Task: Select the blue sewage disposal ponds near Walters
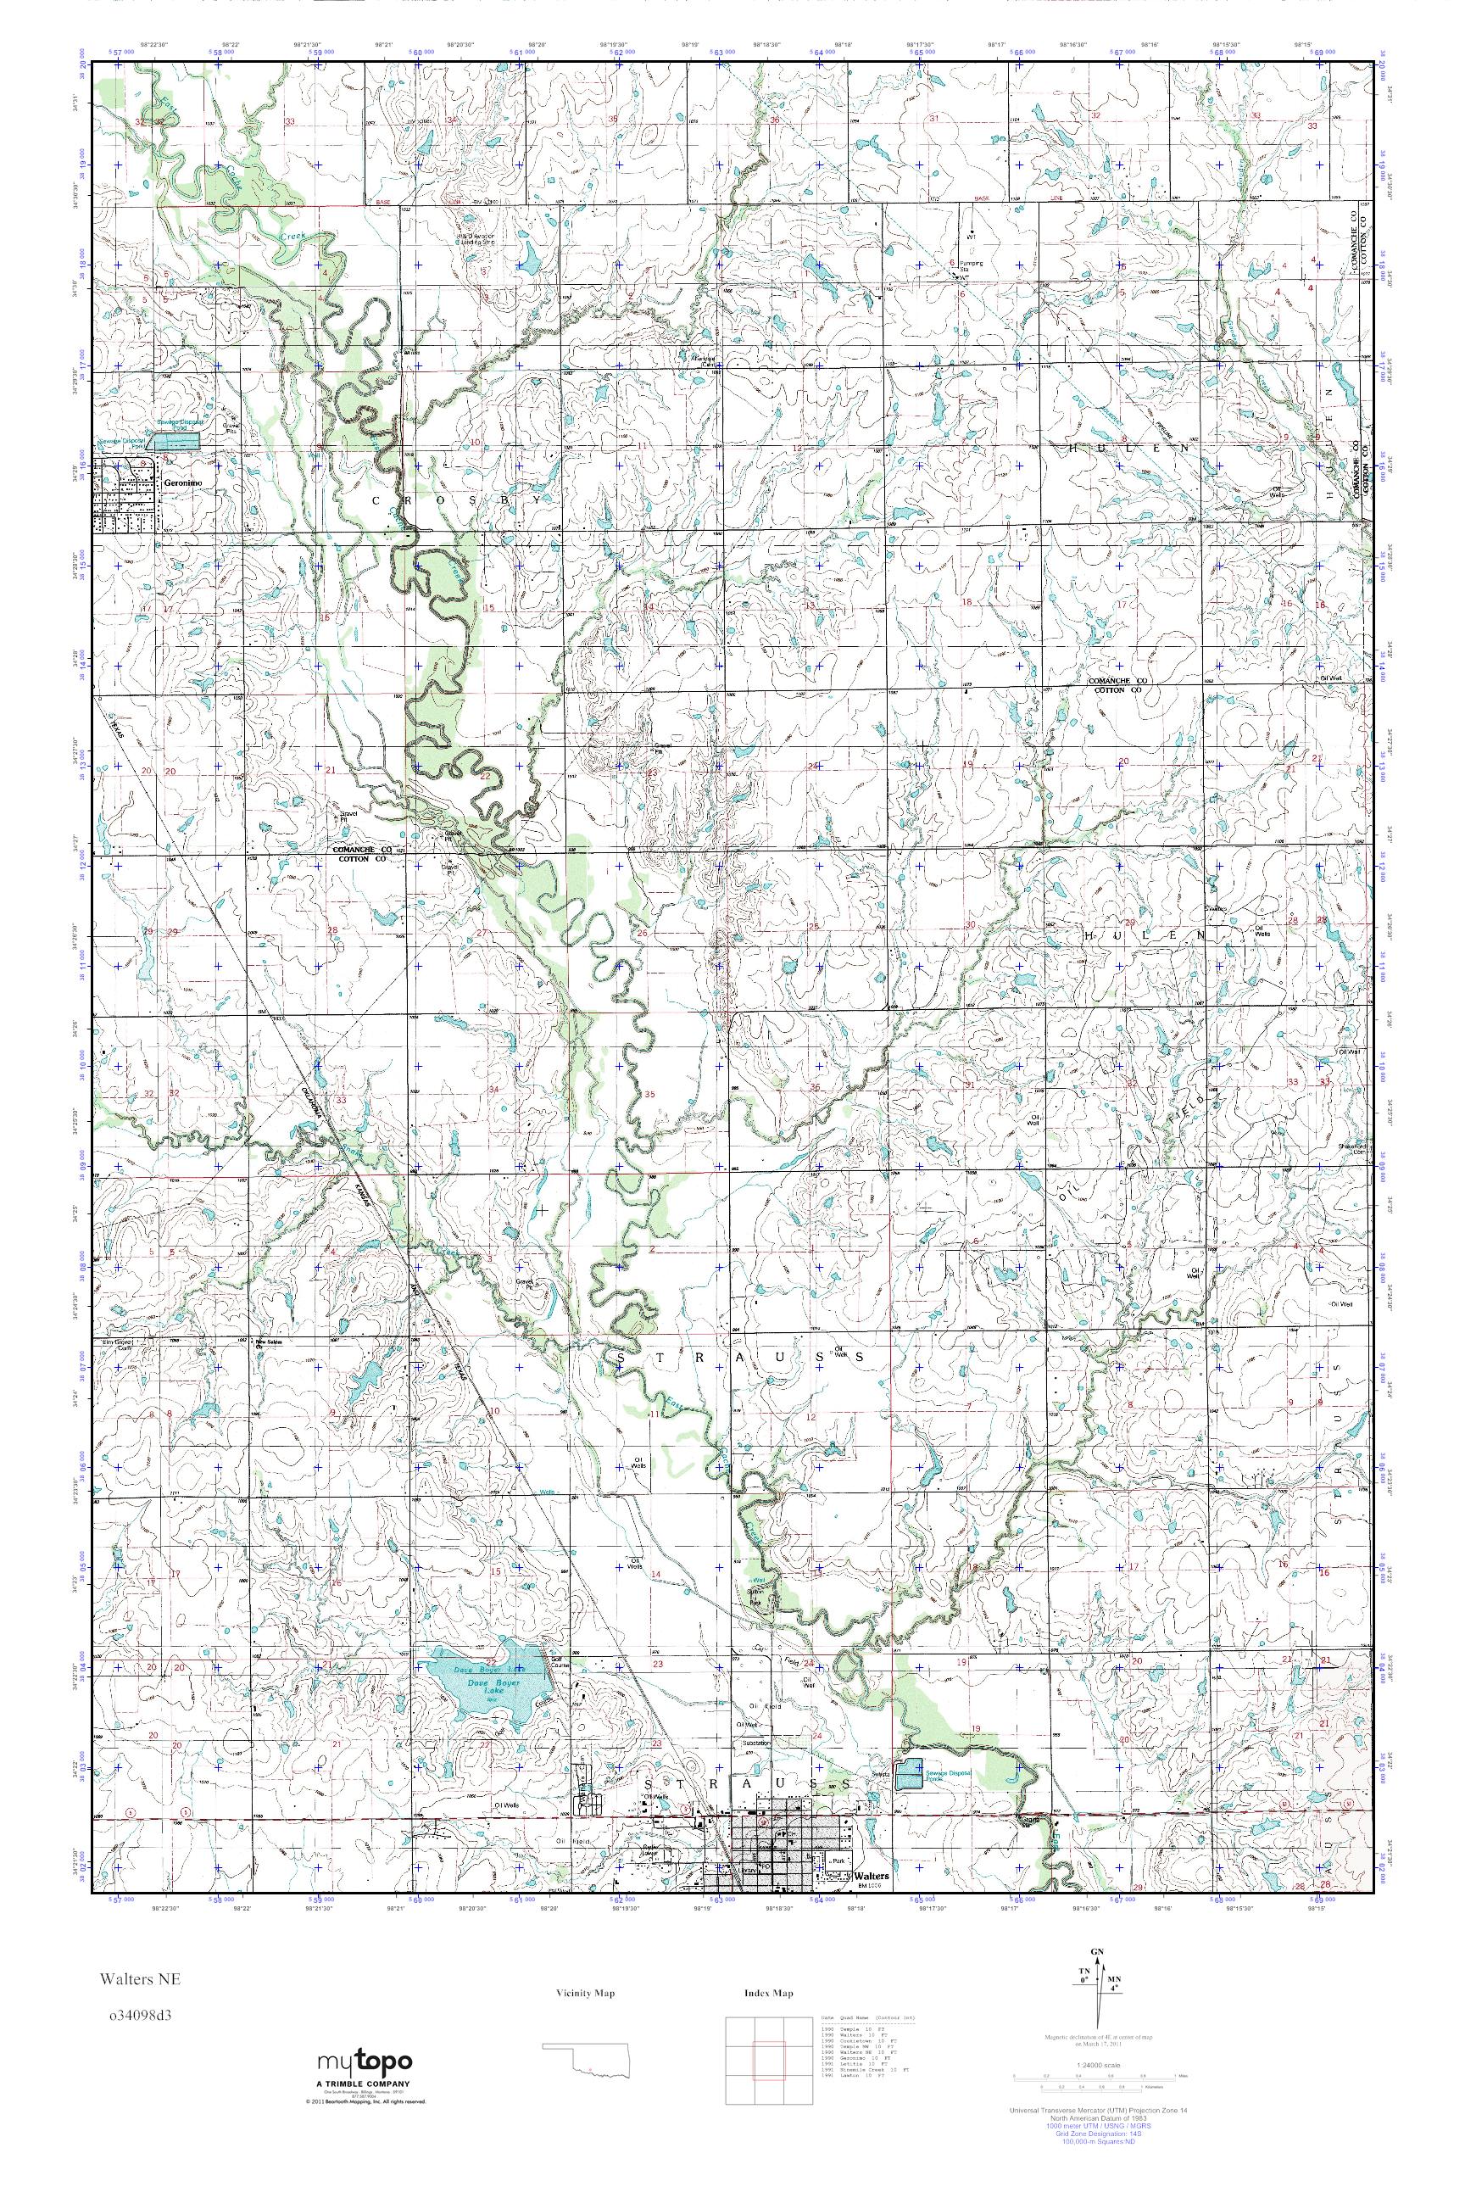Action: (909, 1776)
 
